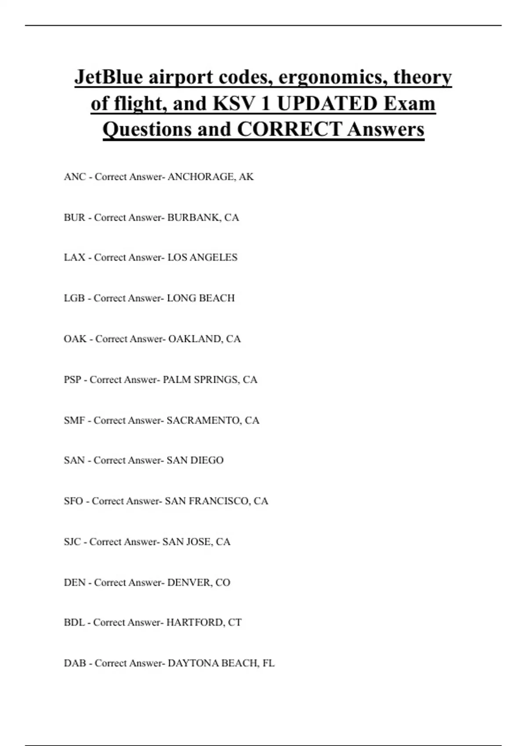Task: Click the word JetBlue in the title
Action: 108,77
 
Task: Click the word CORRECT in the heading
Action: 289,129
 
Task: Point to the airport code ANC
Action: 75,177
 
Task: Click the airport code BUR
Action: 74,218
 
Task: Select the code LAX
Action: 74,258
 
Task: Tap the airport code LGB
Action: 74,298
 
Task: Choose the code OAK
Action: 75,339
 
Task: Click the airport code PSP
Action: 72,380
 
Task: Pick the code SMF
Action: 74,420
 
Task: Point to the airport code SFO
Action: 73,501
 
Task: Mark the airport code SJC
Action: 72,542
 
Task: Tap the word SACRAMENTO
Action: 203,420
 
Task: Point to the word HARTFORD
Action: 195,623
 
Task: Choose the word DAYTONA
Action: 193,663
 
